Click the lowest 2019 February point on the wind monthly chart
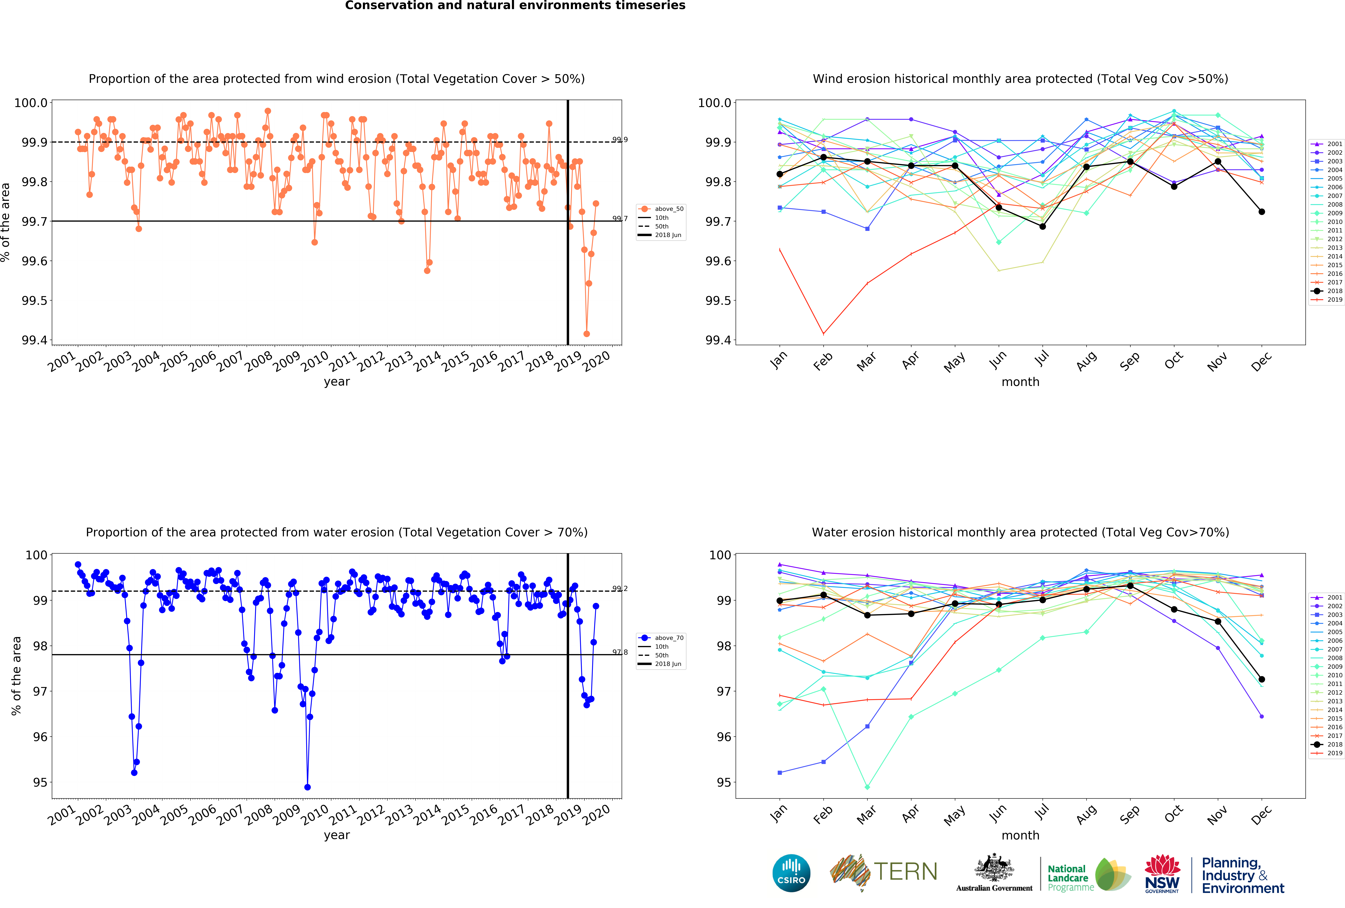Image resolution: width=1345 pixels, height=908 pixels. click(824, 334)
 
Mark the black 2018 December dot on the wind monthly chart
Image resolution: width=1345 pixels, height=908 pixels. click(1262, 212)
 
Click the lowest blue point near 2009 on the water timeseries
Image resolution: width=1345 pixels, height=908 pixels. click(307, 787)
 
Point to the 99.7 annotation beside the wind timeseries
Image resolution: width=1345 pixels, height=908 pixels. click(620, 219)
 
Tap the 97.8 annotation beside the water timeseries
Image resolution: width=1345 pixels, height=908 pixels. click(620, 652)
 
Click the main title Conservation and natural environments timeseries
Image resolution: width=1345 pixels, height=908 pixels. click(515, 6)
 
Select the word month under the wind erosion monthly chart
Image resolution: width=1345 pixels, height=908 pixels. click(1020, 382)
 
